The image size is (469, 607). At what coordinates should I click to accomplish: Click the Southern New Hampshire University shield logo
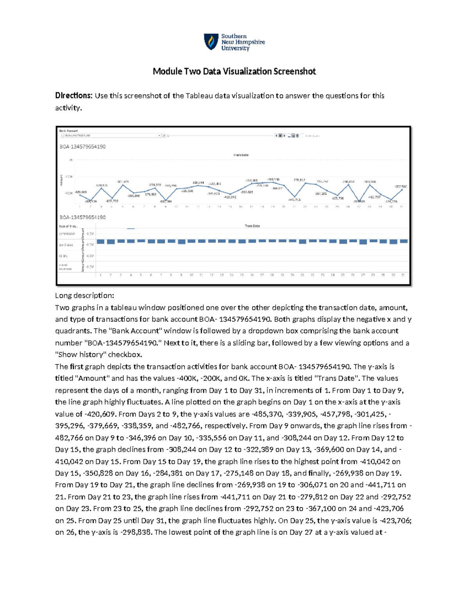(x=211, y=42)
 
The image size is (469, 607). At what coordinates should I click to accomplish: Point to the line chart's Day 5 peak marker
(x=122, y=185)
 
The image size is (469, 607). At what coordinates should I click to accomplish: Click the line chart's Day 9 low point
(x=166, y=200)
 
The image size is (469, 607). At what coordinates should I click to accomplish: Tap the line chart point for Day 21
(x=294, y=196)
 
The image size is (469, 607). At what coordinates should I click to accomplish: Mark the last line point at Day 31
(x=402, y=189)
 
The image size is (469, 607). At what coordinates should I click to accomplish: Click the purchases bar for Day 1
(x=100, y=242)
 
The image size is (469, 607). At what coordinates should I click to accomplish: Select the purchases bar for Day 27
(x=363, y=242)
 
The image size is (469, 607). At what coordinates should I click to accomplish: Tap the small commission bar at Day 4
(x=131, y=229)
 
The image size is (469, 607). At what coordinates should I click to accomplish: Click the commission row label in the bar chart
(x=67, y=234)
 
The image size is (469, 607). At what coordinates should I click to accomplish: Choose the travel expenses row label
(x=65, y=267)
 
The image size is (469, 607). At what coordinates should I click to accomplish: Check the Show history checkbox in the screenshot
(x=303, y=136)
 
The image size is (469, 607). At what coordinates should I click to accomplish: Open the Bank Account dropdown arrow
(x=159, y=136)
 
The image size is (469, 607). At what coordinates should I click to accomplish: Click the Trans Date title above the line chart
(x=241, y=155)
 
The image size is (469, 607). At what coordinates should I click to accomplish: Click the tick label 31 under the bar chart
(x=403, y=275)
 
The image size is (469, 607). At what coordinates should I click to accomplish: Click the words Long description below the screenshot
(x=84, y=295)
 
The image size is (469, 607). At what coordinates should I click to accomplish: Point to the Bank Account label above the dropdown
(x=68, y=131)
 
